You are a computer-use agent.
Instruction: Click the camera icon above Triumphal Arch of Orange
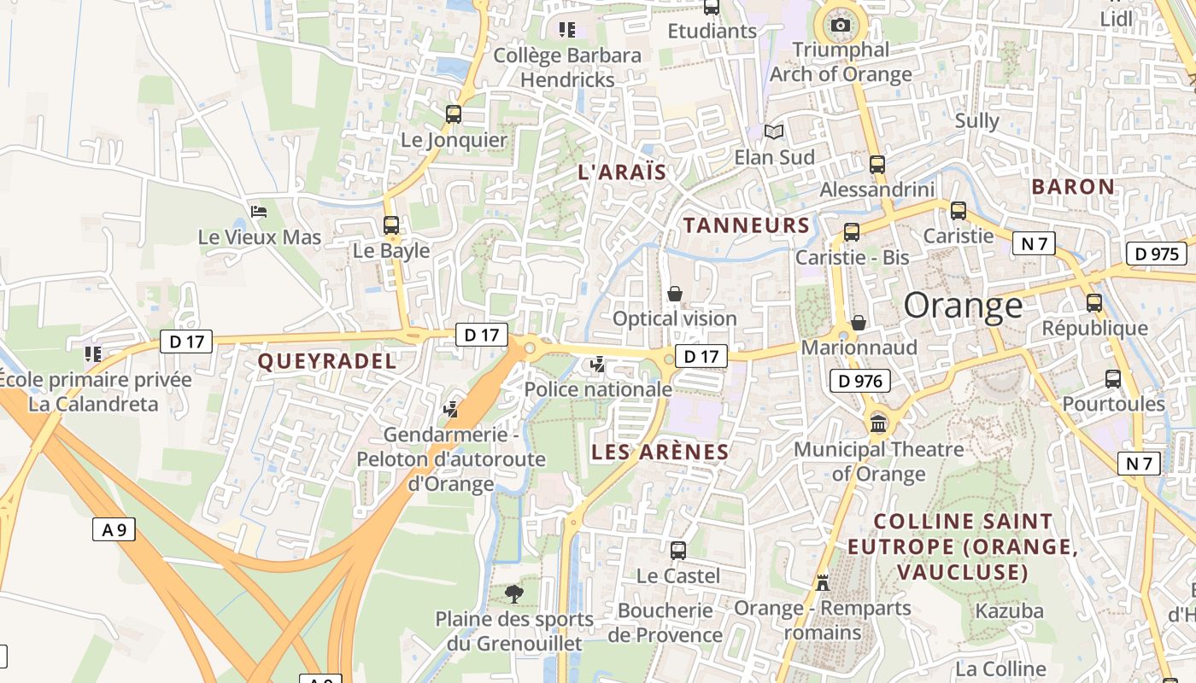[x=841, y=25]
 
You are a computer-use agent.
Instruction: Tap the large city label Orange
[x=963, y=305]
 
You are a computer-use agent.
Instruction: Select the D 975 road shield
[x=1158, y=254]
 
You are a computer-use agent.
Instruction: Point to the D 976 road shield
[x=859, y=381]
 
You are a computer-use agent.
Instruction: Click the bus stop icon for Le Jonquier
[x=454, y=114]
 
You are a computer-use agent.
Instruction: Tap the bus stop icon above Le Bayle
[x=391, y=225]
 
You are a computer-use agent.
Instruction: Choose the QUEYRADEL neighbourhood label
[x=327, y=361]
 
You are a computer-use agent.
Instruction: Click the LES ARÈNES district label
[x=660, y=452]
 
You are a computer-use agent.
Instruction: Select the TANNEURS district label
[x=747, y=225]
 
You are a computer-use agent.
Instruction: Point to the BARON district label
[x=1073, y=186]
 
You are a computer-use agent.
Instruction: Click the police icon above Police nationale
[x=598, y=365]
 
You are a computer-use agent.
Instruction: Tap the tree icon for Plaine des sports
[x=513, y=593]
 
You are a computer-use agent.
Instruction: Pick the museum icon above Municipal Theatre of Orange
[x=878, y=423]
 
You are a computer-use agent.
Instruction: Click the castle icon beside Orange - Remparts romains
[x=823, y=582]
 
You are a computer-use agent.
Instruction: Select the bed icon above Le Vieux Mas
[x=259, y=211]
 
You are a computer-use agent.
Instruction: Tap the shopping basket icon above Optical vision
[x=675, y=294]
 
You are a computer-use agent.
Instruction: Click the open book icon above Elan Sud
[x=774, y=132]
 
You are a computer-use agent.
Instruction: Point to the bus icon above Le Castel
[x=678, y=551]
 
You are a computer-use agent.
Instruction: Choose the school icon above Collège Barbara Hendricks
[x=567, y=30]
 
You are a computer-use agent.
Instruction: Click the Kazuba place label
[x=1010, y=610]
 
